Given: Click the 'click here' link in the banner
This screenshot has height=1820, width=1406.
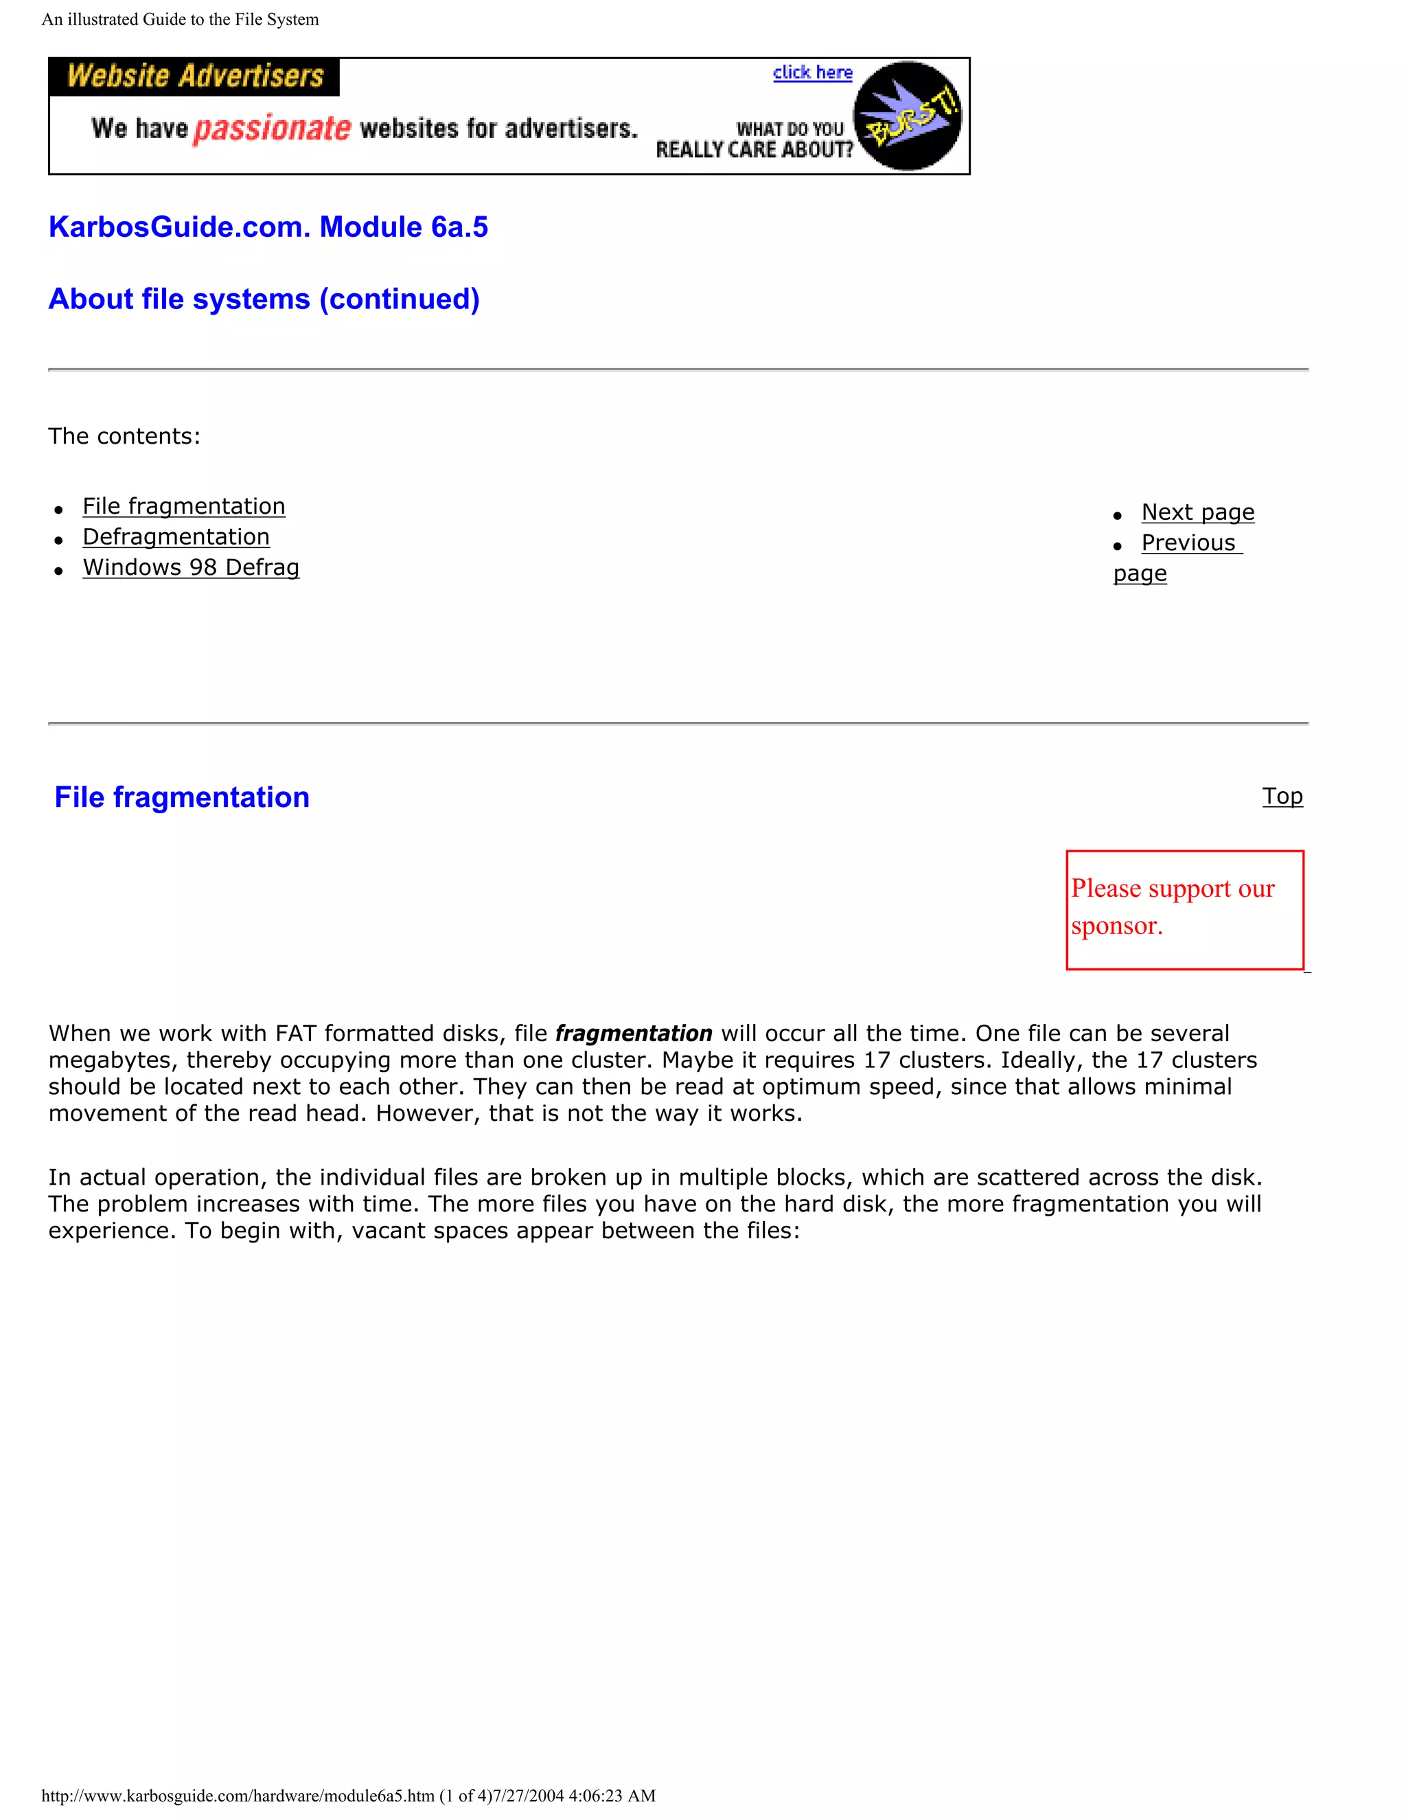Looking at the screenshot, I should pos(812,73).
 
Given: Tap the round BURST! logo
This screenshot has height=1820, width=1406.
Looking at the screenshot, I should pos(908,116).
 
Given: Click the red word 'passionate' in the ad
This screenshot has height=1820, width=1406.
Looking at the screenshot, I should pos(273,128).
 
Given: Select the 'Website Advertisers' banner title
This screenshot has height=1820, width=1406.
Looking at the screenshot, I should pos(195,76).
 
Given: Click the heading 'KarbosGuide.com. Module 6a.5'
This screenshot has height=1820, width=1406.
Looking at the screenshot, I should pos(268,227).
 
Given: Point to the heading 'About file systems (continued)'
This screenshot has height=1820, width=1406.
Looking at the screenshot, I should pos(264,299).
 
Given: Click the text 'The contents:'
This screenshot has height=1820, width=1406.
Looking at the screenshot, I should pos(124,436).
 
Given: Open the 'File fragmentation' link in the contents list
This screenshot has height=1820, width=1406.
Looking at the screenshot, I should pos(184,506).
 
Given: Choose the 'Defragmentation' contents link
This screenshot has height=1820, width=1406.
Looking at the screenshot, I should pos(176,536).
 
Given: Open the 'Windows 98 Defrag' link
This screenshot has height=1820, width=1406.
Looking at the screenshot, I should pos(191,567).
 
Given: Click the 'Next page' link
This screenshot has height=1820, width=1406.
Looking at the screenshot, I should pos(1197,512).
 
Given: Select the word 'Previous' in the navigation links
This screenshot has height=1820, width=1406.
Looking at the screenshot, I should pos(1188,543).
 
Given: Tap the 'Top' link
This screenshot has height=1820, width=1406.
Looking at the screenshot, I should pos(1282,796).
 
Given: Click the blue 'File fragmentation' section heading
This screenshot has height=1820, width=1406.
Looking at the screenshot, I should pos(181,797).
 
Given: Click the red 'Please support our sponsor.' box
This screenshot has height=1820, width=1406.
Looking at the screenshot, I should pos(1184,909).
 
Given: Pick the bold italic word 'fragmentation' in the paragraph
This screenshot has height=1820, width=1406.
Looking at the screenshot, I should pos(633,1034).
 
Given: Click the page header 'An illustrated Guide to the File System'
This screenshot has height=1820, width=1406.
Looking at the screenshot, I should pos(180,19).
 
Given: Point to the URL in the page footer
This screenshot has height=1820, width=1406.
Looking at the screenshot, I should pos(238,1796).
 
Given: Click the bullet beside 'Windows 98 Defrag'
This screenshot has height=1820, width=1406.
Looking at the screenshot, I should pos(58,571).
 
